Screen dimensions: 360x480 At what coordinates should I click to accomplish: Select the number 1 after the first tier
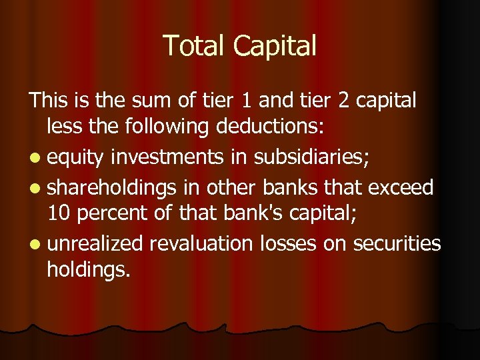(249, 101)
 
